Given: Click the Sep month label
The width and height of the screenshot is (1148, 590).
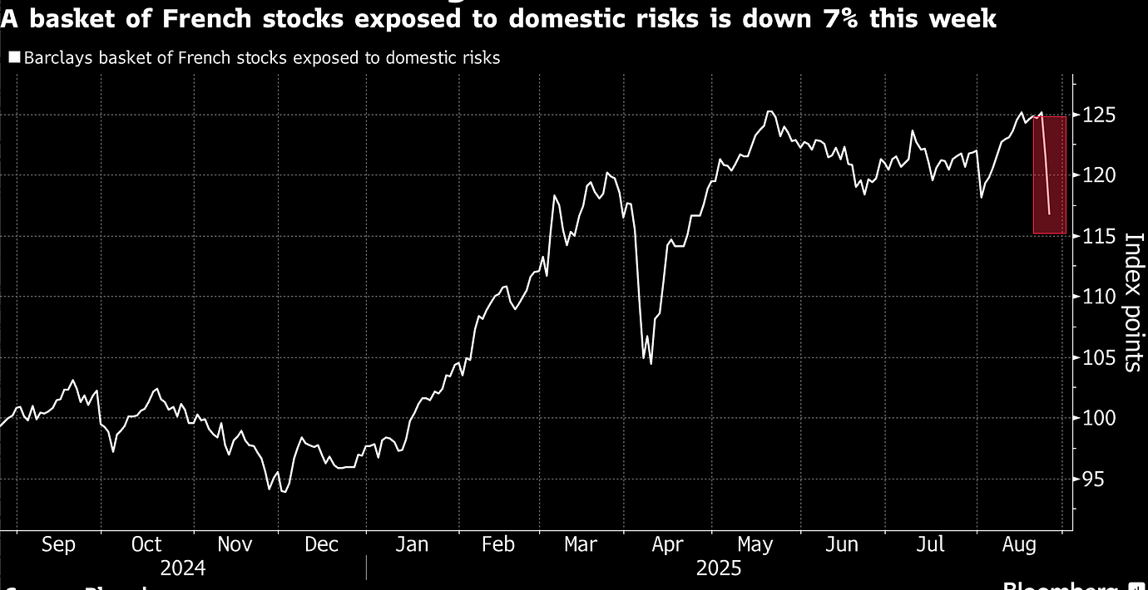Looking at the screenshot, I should point(58,544).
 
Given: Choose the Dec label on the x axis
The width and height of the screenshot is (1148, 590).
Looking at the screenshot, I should point(322,544).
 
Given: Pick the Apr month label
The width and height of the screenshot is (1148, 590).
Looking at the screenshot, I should point(667,544).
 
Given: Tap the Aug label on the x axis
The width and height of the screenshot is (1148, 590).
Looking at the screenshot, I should point(1018,544).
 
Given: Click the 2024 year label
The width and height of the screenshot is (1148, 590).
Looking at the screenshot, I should point(183,569).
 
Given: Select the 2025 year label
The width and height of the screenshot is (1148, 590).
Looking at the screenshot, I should point(719,569).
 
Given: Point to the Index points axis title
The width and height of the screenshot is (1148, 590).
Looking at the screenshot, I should point(1133,302).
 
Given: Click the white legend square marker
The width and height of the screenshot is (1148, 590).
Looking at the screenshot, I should point(14,58).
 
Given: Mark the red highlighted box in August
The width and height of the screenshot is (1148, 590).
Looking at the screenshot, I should point(1049,175).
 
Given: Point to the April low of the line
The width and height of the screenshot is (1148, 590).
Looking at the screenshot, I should point(651,364).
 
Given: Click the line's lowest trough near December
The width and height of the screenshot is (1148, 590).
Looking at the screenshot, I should point(285,492).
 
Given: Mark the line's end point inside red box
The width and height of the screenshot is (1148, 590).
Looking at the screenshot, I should point(1050,214).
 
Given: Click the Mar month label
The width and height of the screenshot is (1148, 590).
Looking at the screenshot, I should point(581,544).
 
